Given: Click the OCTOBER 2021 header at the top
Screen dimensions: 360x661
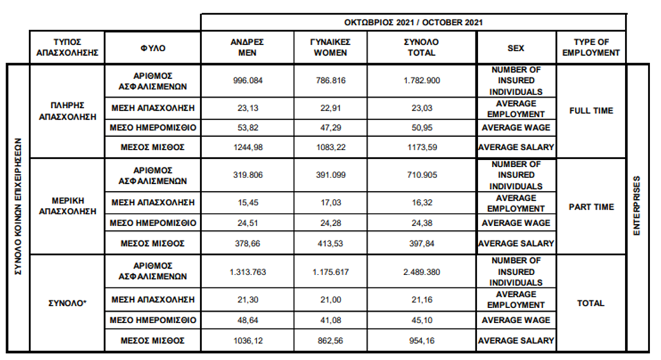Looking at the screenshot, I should click(x=413, y=22).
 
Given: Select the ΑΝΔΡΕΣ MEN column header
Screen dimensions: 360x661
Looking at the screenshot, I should click(x=247, y=48).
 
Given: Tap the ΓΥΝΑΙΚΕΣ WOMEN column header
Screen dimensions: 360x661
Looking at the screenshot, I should click(x=331, y=48).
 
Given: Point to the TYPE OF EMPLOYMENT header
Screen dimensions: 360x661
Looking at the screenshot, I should click(x=591, y=48).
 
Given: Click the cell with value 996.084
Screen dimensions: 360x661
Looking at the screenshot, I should click(x=247, y=80).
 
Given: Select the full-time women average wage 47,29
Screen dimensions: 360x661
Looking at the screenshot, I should click(x=331, y=128).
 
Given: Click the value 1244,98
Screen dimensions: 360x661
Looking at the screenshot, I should click(x=247, y=147).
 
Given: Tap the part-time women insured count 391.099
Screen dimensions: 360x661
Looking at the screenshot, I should click(x=331, y=176).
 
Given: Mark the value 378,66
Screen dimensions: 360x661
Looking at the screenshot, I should click(x=247, y=243).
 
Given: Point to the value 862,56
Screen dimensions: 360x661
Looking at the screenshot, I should click(x=331, y=341).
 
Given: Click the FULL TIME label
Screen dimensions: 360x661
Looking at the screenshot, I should click(x=591, y=111).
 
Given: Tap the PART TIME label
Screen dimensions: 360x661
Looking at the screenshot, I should click(x=591, y=207).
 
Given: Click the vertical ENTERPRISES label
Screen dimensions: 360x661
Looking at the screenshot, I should click(x=637, y=207).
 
